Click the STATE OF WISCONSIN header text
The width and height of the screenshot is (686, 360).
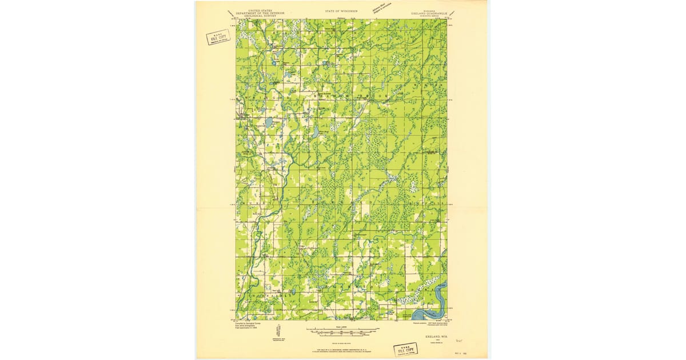[342, 11]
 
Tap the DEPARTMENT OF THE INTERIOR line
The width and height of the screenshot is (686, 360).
[256, 13]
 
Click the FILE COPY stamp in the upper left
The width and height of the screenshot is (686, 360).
[218, 38]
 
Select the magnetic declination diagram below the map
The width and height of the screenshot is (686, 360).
[278, 331]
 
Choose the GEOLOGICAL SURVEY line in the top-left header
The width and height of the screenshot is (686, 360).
[256, 16]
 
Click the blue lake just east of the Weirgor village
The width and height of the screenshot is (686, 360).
[267, 122]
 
